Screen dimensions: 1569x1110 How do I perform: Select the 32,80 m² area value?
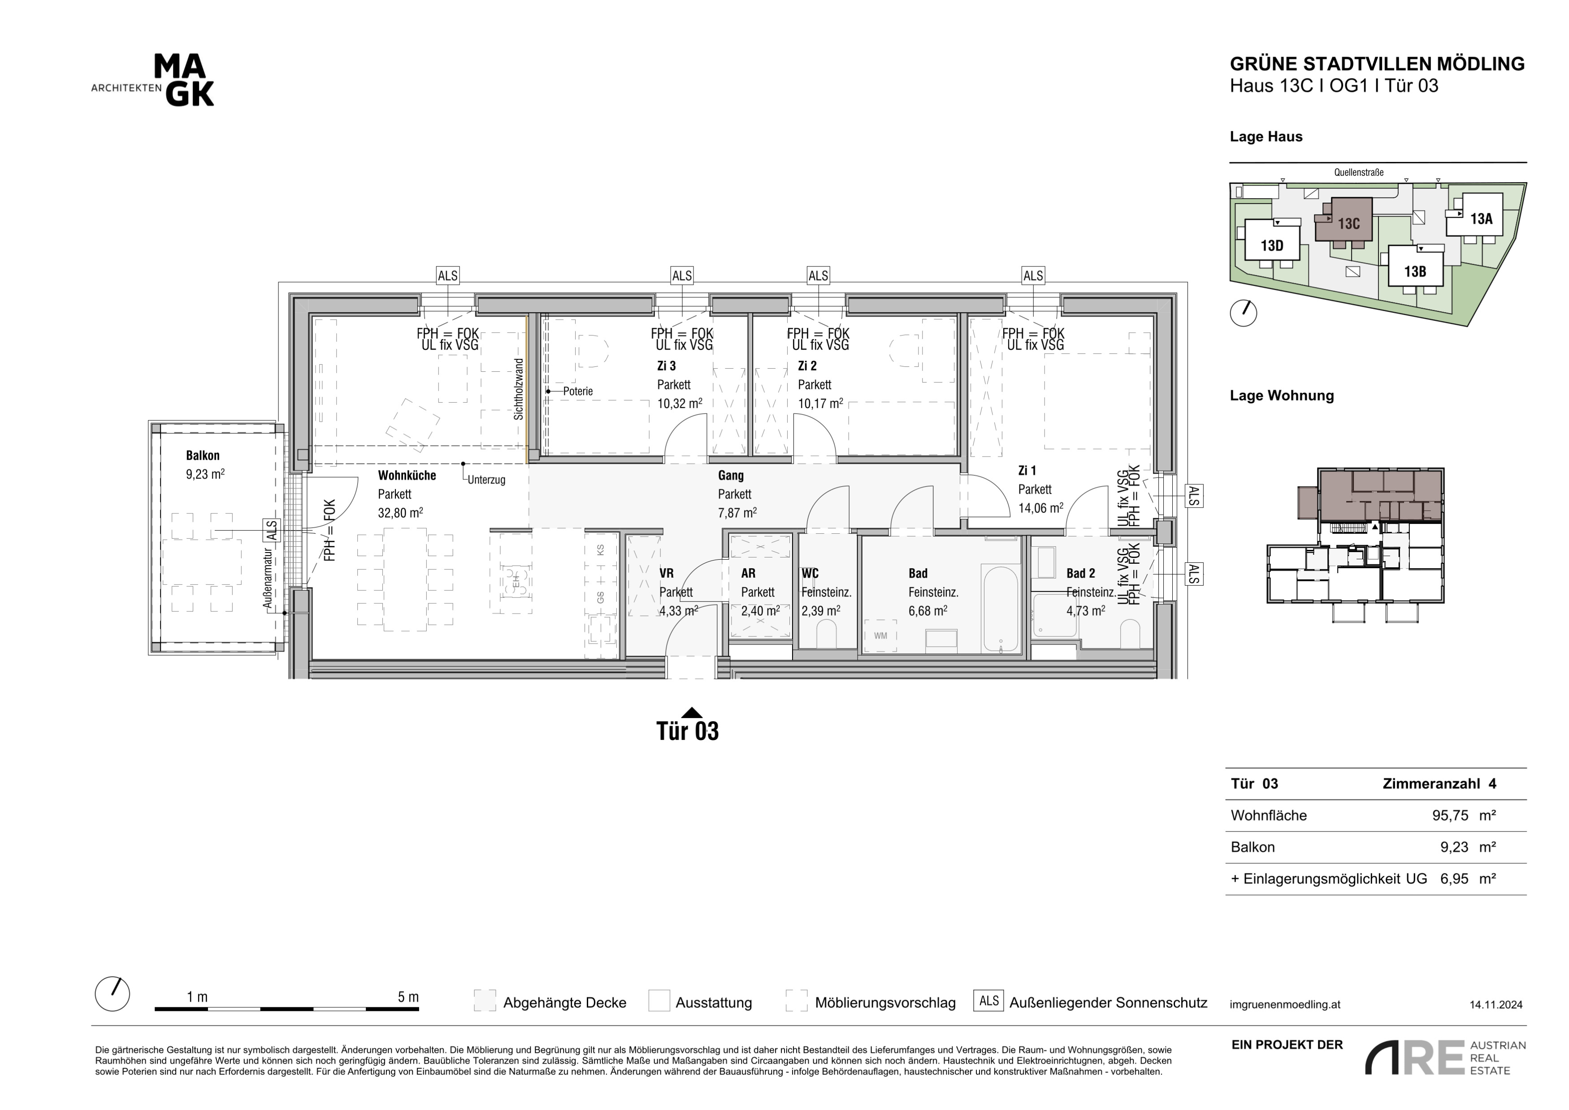(400, 513)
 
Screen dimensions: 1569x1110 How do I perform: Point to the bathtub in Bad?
(1001, 608)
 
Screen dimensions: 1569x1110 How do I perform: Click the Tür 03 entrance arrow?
(692, 712)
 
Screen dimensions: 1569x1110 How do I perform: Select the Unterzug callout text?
(486, 480)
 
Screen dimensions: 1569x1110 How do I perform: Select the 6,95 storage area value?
(1454, 879)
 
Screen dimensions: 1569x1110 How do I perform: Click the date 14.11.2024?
(1496, 1005)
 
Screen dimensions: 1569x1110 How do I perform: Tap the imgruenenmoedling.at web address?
(1285, 1005)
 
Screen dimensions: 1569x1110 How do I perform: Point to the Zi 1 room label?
(1027, 470)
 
